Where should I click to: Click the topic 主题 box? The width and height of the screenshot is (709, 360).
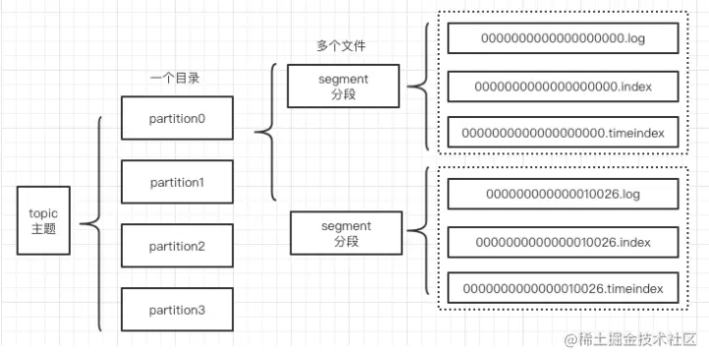43,220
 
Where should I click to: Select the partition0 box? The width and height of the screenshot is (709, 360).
177,118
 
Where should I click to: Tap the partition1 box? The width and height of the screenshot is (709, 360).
177,182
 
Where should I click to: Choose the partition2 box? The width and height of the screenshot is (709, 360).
177,246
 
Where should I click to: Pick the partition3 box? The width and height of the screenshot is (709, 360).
177,310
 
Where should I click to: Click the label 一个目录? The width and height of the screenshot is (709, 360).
175,79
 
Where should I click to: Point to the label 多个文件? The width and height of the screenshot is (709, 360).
341,45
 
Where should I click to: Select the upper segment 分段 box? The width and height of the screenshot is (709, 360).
343,86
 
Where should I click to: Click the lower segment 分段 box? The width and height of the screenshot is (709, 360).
346,233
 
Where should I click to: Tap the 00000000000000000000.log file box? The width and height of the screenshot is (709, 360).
562,38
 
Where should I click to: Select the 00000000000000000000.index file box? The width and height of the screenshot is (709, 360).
562,86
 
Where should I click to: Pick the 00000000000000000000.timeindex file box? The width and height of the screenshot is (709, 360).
562,133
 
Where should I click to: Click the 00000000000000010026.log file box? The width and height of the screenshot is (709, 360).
562,194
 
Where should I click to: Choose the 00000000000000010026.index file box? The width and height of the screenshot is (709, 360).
562,242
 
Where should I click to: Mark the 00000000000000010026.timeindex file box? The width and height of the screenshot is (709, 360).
562,288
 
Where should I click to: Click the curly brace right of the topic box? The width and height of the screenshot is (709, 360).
82,223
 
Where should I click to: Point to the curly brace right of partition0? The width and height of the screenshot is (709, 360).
257,132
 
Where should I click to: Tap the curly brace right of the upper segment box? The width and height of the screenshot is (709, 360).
410,87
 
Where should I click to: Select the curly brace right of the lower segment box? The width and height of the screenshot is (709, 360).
410,231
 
